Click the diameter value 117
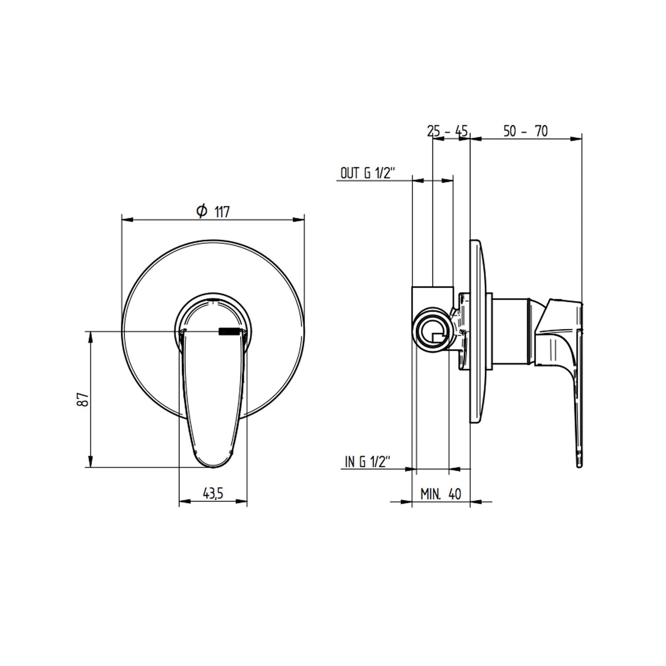click(222, 212)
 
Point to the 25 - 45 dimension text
click(447, 131)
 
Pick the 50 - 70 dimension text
click(526, 131)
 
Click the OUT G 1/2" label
click(368, 173)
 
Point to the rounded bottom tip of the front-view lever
click(213, 468)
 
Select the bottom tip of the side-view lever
click(579, 468)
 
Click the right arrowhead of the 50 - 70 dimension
click(576, 139)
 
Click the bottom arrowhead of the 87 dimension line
click(90, 461)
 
